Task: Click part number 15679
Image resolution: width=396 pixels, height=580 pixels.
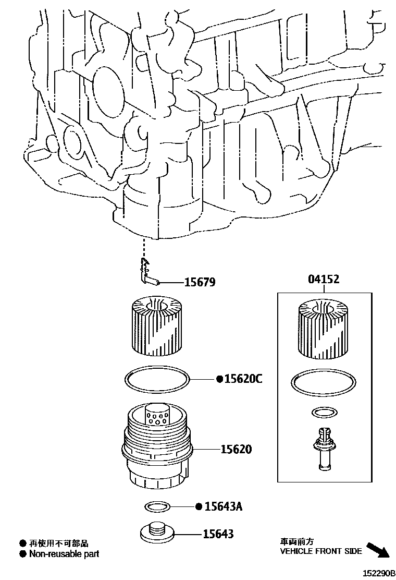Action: [x=200, y=283]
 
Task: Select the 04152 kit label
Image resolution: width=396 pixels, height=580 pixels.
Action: [x=323, y=280]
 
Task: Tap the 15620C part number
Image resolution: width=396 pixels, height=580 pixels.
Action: [x=243, y=379]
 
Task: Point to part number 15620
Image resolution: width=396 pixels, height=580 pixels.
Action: [x=236, y=449]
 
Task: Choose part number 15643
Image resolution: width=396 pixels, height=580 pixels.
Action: [x=219, y=534]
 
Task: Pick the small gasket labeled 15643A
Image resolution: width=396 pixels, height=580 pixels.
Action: [x=156, y=506]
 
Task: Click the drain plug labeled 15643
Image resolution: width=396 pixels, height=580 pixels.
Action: [x=157, y=533]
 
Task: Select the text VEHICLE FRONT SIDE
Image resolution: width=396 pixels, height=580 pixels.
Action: [x=321, y=551]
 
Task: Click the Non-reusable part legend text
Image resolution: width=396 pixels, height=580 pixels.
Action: [x=64, y=554]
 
